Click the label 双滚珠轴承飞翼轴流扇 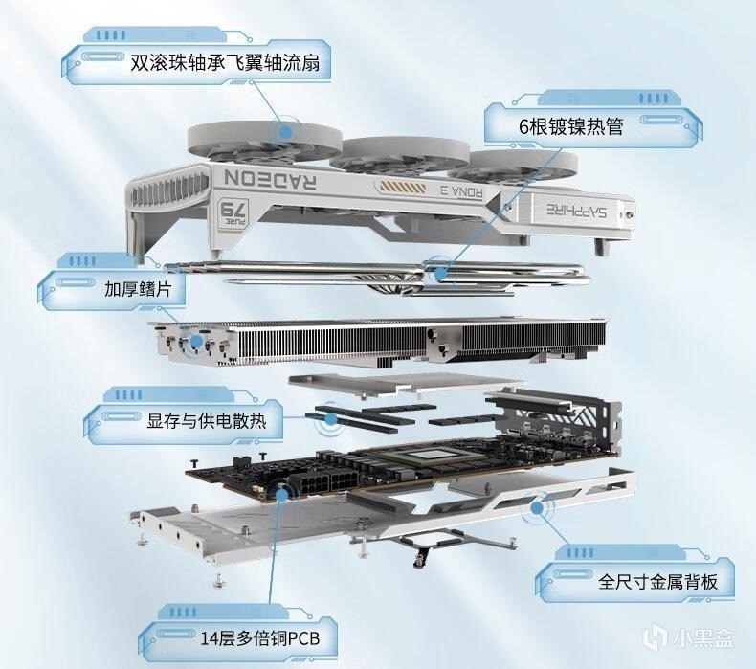225,63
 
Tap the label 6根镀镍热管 571,126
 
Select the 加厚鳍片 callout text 138,289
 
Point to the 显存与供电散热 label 207,421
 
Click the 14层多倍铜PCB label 260,639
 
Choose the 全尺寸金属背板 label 657,582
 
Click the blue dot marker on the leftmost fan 285,131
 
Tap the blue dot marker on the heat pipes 440,274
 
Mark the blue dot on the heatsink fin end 196,342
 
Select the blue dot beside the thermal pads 331,418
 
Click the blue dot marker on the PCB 282,494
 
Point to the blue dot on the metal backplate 537,507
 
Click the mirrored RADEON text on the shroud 270,179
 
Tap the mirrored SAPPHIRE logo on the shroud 577,211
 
